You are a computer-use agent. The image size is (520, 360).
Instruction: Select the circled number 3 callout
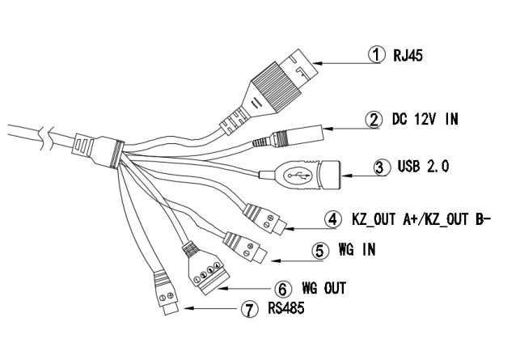pos(383,169)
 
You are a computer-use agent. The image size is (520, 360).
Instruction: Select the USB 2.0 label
pos(423,169)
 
